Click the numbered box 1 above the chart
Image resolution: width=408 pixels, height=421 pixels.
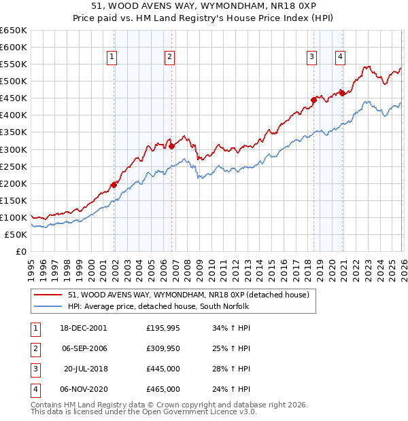click(112, 57)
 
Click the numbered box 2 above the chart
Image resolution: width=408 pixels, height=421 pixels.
click(169, 57)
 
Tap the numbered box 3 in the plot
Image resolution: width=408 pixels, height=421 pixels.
click(311, 57)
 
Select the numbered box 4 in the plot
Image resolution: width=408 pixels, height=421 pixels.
click(339, 57)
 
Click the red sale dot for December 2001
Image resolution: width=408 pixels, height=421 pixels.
click(114, 184)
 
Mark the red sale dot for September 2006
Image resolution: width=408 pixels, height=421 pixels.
click(171, 145)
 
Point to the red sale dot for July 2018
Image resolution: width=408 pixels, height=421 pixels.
click(313, 100)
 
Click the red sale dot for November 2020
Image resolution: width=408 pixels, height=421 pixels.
click(342, 93)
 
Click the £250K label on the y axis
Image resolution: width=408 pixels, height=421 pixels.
click(13, 166)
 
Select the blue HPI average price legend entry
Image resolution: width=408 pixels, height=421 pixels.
click(168, 306)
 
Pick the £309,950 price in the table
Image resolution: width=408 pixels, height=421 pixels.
click(163, 348)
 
